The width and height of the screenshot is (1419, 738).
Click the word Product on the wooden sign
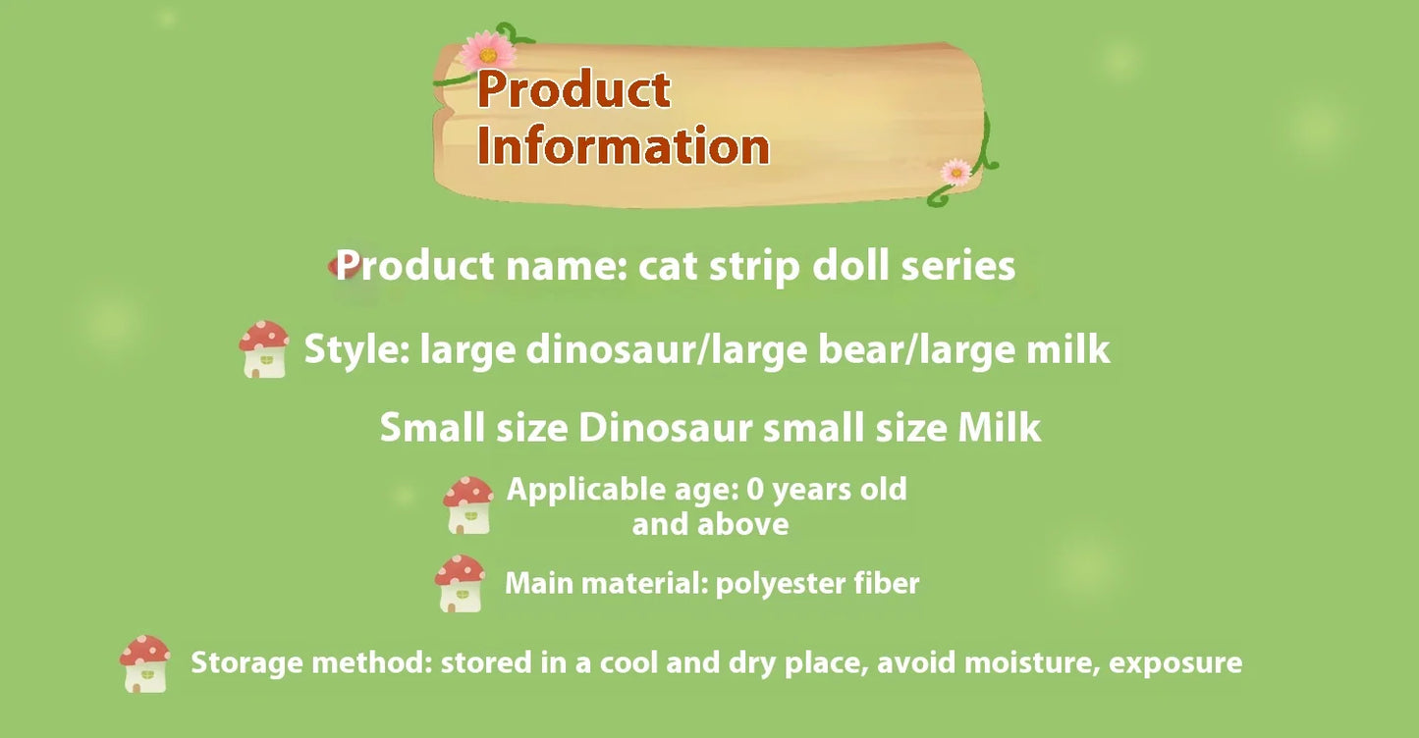coord(573,89)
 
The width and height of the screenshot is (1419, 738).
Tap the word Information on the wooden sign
coord(623,145)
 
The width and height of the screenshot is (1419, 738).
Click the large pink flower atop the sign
coord(487,51)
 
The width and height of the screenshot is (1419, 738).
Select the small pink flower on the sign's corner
coord(955,172)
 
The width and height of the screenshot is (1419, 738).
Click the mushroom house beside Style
coord(264,349)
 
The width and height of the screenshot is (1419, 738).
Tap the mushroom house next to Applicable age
coord(468,505)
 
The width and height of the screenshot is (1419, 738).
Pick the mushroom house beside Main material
coord(460,584)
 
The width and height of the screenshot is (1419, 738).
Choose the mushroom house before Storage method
coord(145,664)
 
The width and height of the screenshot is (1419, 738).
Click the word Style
coord(356,349)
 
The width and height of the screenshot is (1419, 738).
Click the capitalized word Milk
coord(999,427)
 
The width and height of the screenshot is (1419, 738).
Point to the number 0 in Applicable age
coord(755,490)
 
